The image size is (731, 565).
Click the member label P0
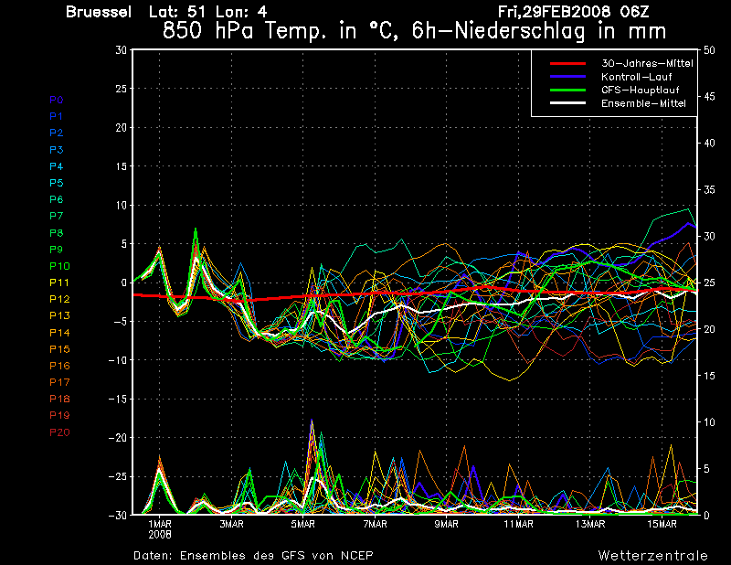pyautogui.click(x=57, y=100)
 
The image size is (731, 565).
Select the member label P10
pyautogui.click(x=59, y=266)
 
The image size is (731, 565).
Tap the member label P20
pyautogui.click(x=59, y=432)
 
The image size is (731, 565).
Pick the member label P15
pyautogui.click(x=59, y=349)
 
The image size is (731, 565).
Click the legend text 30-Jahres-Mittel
pyautogui.click(x=647, y=63)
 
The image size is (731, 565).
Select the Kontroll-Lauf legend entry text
pyautogui.click(x=636, y=77)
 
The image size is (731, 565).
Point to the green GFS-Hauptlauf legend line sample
pyautogui.click(x=567, y=90)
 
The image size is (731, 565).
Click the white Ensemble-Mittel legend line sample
pyautogui.click(x=567, y=103)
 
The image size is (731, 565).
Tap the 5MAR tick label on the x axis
pyautogui.click(x=303, y=524)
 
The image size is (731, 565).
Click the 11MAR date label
pyautogui.click(x=518, y=524)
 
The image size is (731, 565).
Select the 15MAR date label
pyautogui.click(x=662, y=524)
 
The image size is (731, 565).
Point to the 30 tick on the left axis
pyautogui.click(x=122, y=50)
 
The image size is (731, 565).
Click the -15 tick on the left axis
pyautogui.click(x=118, y=399)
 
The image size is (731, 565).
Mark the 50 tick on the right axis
pyautogui.click(x=709, y=50)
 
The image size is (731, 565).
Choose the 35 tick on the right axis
pyautogui.click(x=709, y=189)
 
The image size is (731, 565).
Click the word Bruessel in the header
pyautogui.click(x=99, y=12)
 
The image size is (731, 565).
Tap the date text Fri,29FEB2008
pyautogui.click(x=555, y=12)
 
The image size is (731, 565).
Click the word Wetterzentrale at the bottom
pyautogui.click(x=653, y=556)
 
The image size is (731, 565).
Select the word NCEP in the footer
pyautogui.click(x=357, y=556)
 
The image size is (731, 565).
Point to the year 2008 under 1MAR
pyautogui.click(x=160, y=534)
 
